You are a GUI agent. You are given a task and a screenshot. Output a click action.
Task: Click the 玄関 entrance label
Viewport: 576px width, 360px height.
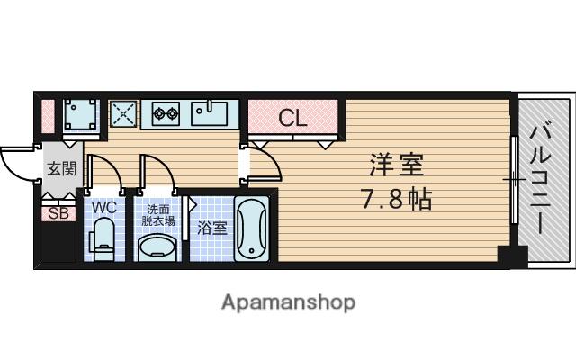pos(61,168)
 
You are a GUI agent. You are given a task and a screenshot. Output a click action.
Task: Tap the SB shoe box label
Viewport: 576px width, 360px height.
pos(58,213)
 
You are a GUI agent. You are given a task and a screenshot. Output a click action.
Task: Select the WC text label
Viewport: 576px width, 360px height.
pos(106,207)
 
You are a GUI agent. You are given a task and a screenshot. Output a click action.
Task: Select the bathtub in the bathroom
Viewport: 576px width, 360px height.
pos(252,229)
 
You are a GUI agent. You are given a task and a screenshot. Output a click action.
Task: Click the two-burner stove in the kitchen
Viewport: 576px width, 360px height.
pos(166,114)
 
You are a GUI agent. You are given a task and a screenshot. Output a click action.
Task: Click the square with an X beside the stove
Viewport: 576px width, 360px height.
pos(123,114)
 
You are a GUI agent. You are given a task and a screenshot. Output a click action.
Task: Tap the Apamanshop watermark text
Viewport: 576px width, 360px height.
pos(288,301)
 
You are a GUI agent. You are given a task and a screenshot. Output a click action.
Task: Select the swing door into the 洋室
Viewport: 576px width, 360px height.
pos(263,162)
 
